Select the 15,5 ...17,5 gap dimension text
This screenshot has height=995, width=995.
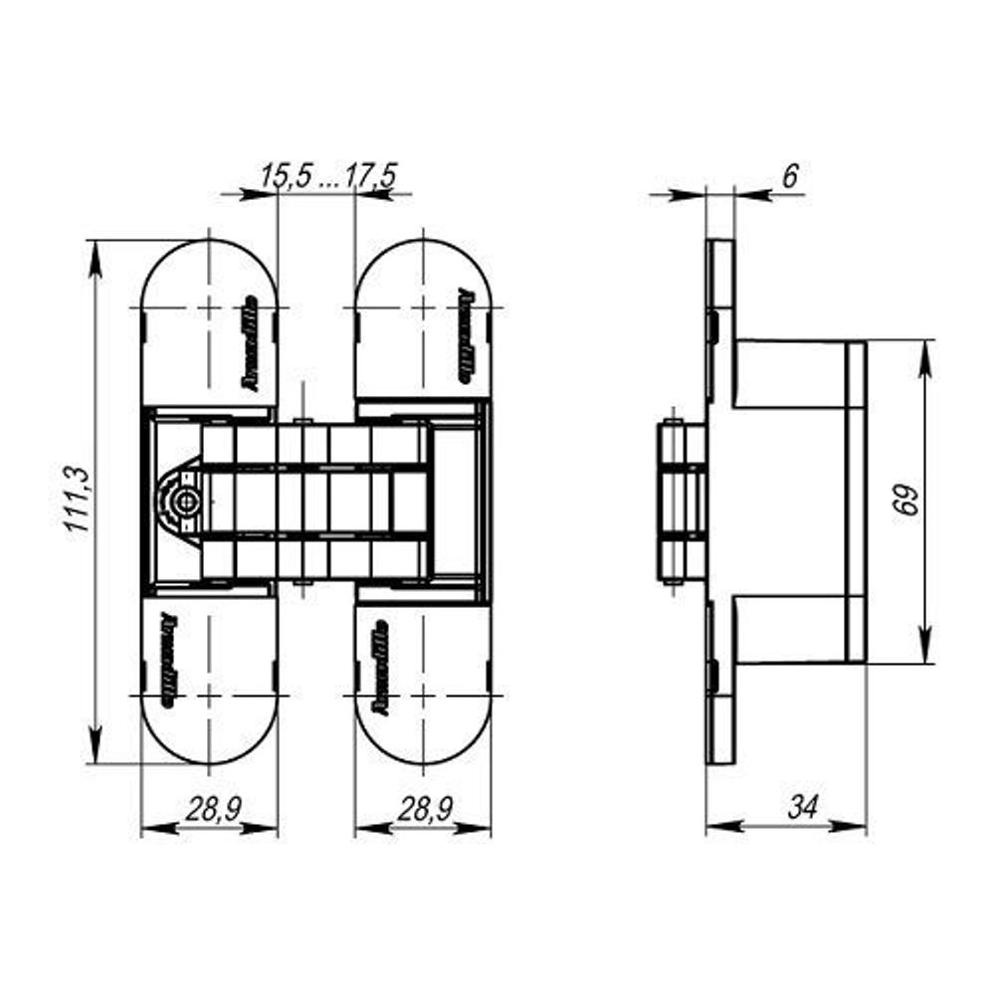(x=328, y=176)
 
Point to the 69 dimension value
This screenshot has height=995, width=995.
(x=905, y=500)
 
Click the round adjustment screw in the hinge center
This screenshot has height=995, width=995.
(x=182, y=503)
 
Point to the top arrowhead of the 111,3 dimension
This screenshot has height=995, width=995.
(x=97, y=255)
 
